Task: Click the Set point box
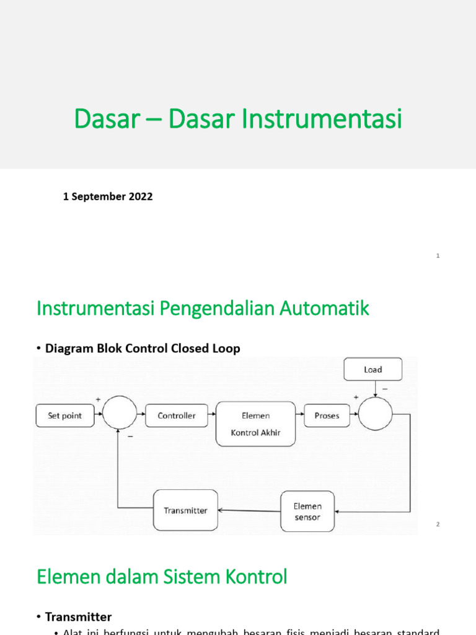[64, 415]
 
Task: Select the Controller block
[177, 415]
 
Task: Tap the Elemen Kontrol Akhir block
[255, 423]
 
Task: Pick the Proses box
[327, 415]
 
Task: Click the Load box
[373, 370]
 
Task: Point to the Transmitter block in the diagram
[186, 510]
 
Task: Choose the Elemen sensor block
[308, 512]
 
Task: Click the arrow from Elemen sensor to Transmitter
[249, 511]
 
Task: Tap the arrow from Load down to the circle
[375, 389]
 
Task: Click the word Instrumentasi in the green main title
[321, 119]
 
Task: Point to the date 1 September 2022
[108, 197]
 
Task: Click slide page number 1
[438, 255]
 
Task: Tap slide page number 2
[438, 525]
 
